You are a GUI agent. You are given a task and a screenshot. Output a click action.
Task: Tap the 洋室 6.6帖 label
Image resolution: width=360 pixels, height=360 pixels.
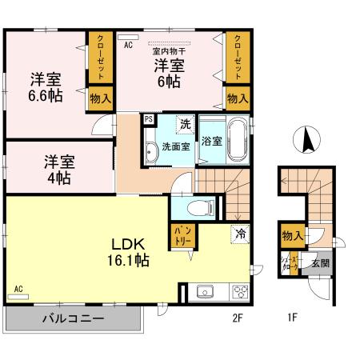46,86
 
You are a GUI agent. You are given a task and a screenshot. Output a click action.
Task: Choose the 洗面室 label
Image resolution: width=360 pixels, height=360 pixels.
174,147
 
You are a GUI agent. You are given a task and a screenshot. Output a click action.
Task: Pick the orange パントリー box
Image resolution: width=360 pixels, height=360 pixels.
180,234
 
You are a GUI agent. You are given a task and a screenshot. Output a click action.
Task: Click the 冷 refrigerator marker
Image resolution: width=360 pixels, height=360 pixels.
239,234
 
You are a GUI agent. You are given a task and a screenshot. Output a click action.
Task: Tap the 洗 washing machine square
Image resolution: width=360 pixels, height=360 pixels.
185,125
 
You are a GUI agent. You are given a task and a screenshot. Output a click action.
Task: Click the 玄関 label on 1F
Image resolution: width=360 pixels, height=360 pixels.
320,263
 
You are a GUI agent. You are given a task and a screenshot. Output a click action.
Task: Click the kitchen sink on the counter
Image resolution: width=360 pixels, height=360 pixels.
203,292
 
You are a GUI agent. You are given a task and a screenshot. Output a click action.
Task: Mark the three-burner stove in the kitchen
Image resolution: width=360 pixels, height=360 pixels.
239,292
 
